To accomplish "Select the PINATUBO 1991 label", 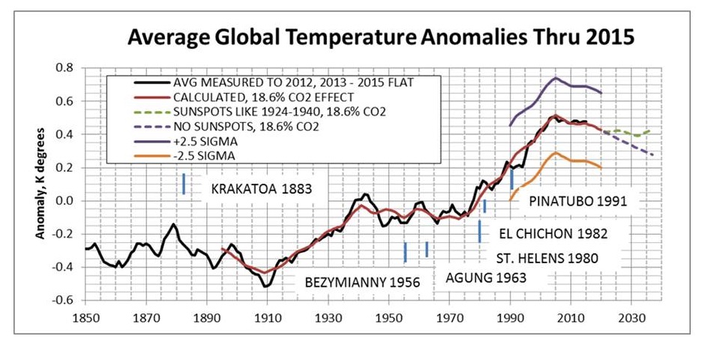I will coord(577,201).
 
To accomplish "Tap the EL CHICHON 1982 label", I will coord(552,233).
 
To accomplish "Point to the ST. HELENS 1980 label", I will coord(547,259).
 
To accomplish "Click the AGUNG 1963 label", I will coord(486,277).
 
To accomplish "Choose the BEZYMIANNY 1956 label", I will coord(362,283).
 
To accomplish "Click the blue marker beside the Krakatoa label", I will coord(184,184).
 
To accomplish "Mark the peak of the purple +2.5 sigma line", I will coord(555,78).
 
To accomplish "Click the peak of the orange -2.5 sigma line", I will coord(555,153).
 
